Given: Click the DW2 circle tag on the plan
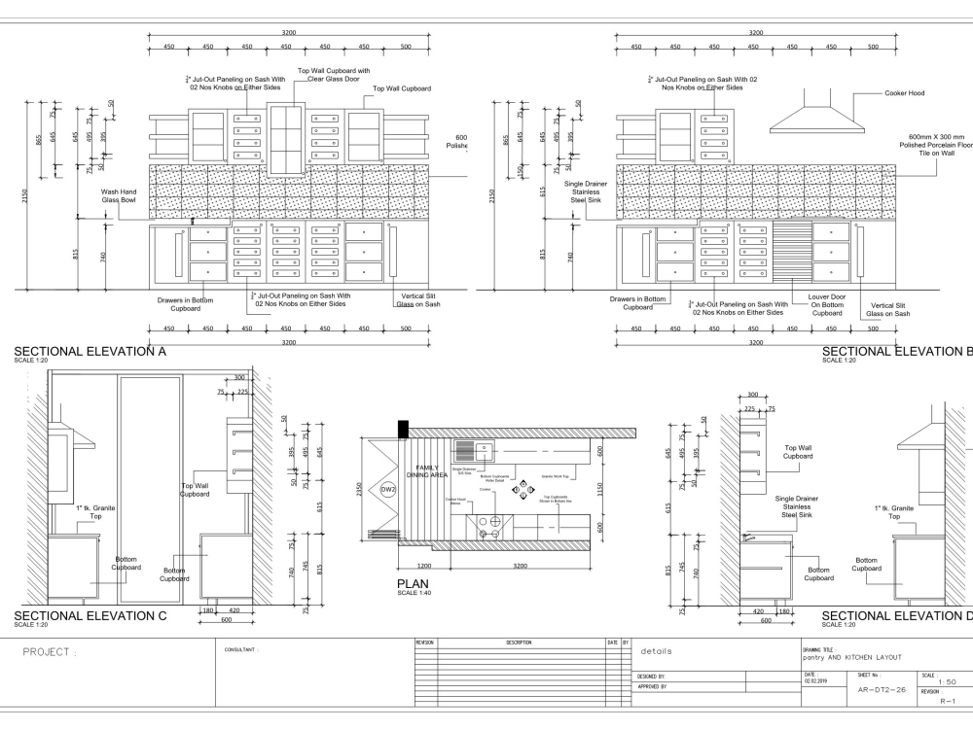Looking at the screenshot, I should click(387, 489).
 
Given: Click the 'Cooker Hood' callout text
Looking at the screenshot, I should click(904, 93).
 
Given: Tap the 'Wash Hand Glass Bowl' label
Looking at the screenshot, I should click(119, 196).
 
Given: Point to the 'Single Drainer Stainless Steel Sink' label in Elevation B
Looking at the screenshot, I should click(586, 191).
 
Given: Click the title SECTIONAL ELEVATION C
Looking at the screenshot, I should click(89, 615).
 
